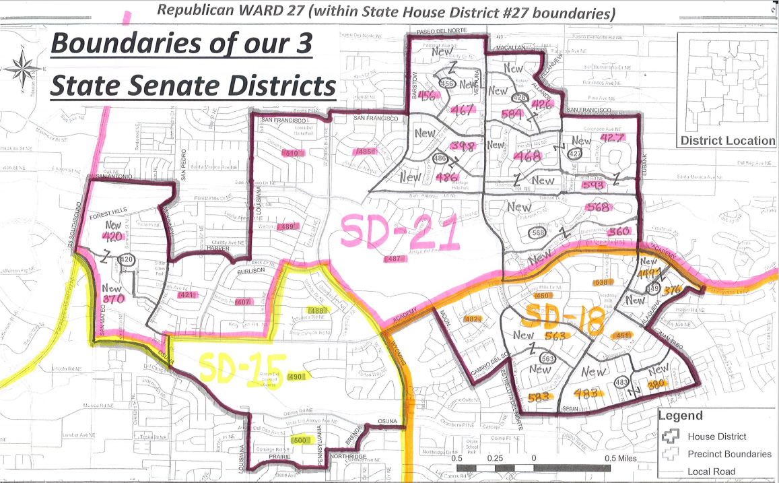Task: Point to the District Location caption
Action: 727,141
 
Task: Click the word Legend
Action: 681,416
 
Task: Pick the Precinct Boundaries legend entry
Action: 729,454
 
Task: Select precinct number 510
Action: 292,154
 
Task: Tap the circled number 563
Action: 547,359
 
